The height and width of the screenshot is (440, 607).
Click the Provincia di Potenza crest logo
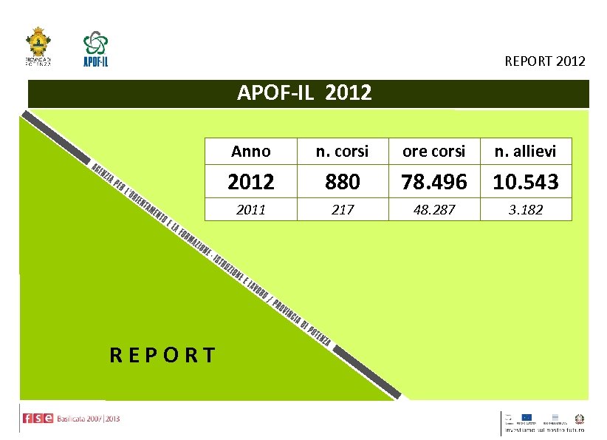38,46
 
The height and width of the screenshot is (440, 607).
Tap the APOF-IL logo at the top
95,48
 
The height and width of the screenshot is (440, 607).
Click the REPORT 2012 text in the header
544,61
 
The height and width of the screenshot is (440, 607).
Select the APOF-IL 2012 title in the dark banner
304,93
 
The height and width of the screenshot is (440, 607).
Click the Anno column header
251,152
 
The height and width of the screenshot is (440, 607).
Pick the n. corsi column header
343,152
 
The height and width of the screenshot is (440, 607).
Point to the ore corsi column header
433,152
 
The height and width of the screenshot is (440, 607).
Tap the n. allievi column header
525,152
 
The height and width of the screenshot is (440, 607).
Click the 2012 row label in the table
251,181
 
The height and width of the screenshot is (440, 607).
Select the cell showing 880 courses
343,181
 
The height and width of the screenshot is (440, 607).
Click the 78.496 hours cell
433,181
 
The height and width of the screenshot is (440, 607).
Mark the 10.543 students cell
525,181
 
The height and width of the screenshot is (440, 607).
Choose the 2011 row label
251,210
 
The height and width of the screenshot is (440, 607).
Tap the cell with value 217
343,210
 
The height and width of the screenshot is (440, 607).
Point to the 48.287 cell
433,210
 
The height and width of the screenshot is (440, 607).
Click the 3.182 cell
525,210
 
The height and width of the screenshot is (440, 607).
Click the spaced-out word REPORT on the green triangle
162,356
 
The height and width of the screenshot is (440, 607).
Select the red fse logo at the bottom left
38,419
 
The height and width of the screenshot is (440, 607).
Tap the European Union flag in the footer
527,417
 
